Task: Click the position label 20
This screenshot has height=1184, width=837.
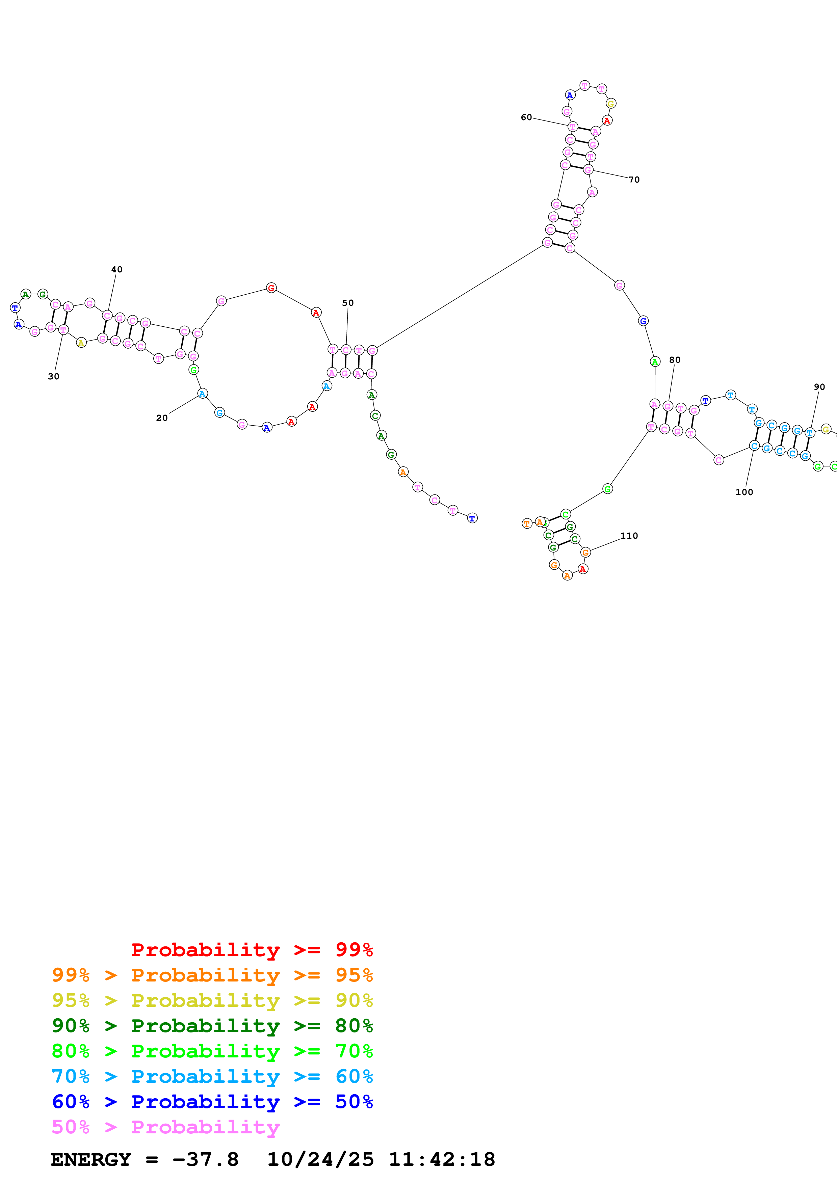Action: [162, 418]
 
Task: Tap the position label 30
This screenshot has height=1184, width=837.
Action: [54, 376]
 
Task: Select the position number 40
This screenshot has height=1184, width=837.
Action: [117, 270]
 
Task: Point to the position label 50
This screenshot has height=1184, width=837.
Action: [348, 303]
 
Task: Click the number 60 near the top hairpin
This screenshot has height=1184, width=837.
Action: [526, 117]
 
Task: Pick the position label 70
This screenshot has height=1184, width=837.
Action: [634, 180]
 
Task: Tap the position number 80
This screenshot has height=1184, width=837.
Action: [675, 360]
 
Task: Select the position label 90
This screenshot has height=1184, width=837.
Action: [819, 387]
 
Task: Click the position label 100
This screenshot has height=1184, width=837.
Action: [744, 492]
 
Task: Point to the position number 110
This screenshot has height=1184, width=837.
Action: [629, 536]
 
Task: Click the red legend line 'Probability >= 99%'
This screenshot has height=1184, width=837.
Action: [252, 950]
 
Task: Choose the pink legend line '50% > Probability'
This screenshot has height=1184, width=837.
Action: [165, 1127]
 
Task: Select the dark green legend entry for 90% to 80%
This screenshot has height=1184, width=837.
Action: [212, 1026]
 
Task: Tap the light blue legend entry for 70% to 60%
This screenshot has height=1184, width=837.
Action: [212, 1076]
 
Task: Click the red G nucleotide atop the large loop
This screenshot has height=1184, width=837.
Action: [271, 288]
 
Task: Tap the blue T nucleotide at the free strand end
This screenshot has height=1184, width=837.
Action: [472, 518]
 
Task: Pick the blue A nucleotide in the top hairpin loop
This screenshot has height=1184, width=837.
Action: [570, 96]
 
